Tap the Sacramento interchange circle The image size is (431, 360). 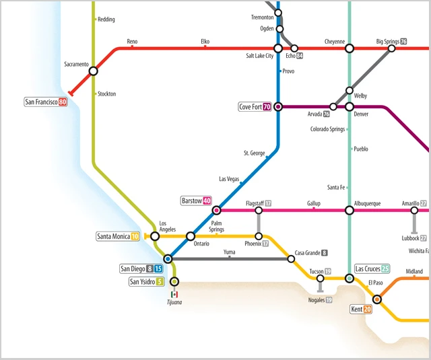click(x=93, y=71)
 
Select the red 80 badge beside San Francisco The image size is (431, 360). click(x=63, y=102)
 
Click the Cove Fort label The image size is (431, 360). click(x=251, y=107)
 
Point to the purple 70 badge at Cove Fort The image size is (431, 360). click(x=267, y=107)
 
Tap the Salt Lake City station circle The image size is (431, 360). click(x=277, y=48)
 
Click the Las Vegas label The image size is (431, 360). click(x=229, y=179)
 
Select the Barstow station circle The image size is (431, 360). click(x=217, y=210)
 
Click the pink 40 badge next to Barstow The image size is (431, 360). click(x=207, y=201)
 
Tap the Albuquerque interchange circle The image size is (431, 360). click(x=349, y=211)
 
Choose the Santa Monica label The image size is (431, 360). click(x=113, y=236)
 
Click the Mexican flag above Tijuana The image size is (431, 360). click(x=174, y=294)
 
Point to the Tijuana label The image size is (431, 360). click(x=174, y=302)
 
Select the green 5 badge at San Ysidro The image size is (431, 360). click(x=160, y=282)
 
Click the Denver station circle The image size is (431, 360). click(x=349, y=106)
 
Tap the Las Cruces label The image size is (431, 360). click(x=367, y=268)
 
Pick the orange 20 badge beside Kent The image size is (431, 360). click(x=367, y=310)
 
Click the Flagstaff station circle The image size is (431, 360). click(x=259, y=211)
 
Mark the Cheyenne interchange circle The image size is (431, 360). click(x=349, y=48)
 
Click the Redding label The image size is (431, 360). click(x=106, y=20)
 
